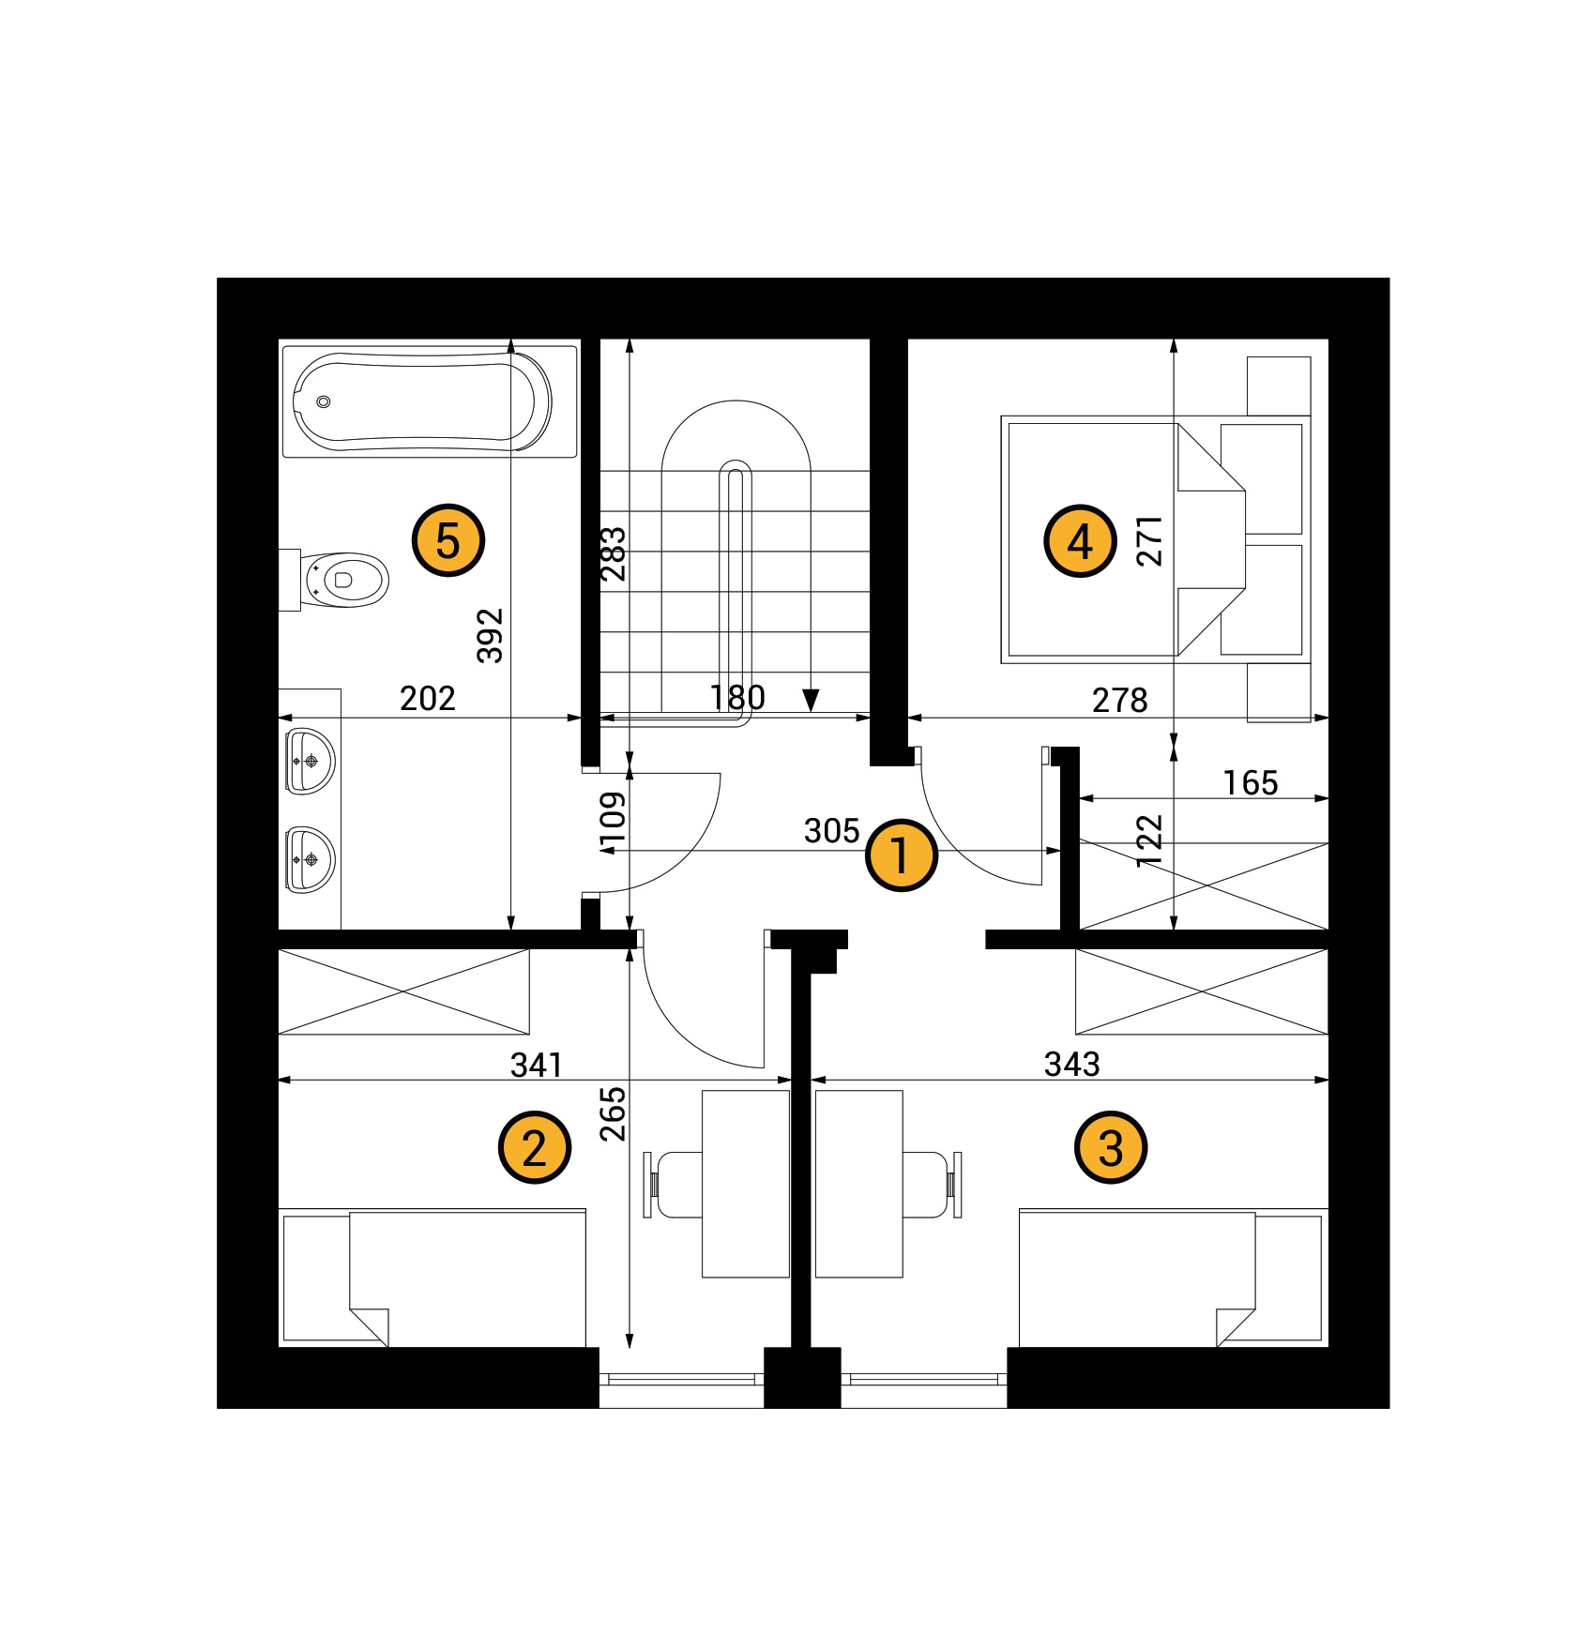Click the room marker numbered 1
[x=901, y=855]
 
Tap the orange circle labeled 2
[x=534, y=1147]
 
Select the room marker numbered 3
[x=1111, y=1147]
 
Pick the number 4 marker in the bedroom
[x=1080, y=540]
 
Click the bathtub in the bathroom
[x=430, y=401]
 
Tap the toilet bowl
[x=343, y=580]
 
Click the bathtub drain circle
[x=324, y=401]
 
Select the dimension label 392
[x=491, y=635]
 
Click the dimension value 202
[x=428, y=698]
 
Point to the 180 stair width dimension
[x=737, y=698]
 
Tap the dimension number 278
[x=1119, y=700]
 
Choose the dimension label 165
[x=1251, y=782]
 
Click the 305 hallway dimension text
[x=832, y=830]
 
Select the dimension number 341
[x=537, y=1065]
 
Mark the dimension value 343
[x=1072, y=1064]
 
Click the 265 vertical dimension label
[x=613, y=1113]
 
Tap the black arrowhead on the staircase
[x=811, y=700]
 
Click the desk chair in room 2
[x=674, y=1184]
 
